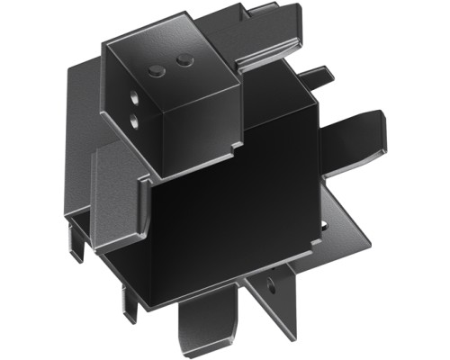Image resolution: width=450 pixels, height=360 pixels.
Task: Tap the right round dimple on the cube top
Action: click(x=184, y=59)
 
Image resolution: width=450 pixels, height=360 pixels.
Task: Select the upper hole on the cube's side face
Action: click(x=133, y=94)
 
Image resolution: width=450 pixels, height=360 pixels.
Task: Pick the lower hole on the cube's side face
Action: click(x=133, y=117)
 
